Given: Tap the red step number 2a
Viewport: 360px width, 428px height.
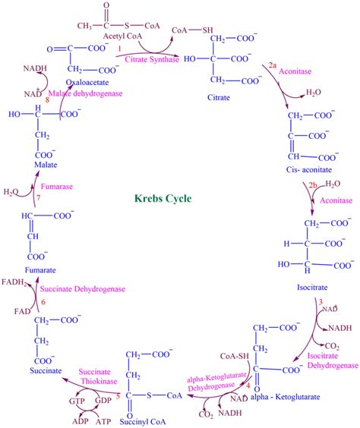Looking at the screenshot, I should pyautogui.click(x=273, y=67).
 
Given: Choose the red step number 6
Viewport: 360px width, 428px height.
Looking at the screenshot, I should pyautogui.click(x=44, y=302).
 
